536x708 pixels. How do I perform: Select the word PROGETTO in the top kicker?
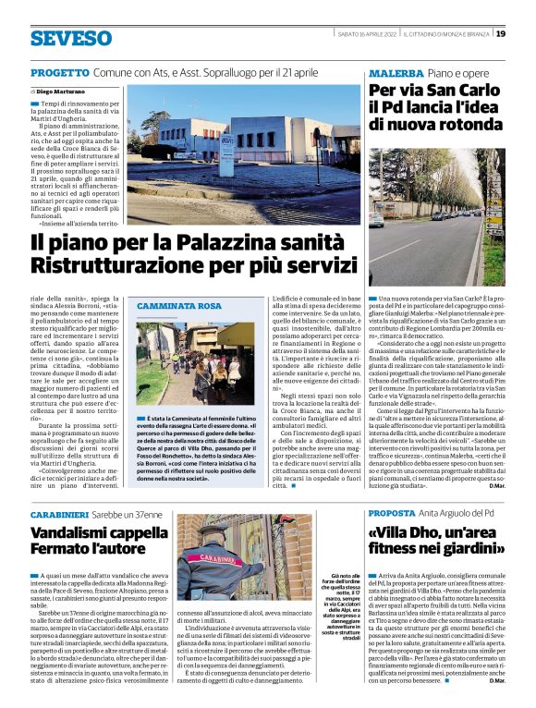tap(60, 72)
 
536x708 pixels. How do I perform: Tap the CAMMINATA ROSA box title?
tap(179, 305)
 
